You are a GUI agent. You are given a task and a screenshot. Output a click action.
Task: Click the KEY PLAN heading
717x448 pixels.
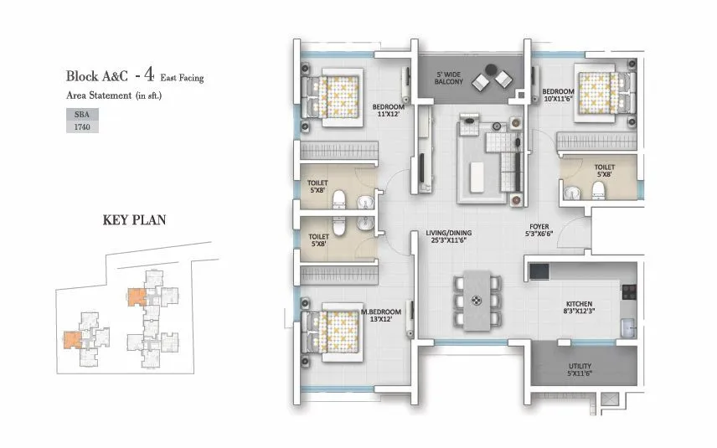[134, 221]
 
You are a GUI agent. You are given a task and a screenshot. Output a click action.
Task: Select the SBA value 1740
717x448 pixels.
[81, 126]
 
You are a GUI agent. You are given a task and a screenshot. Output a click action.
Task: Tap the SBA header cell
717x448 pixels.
[81, 113]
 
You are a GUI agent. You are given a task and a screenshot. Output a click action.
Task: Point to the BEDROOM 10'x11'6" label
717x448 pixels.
[558, 95]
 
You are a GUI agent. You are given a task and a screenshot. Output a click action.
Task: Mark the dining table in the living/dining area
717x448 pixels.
[476, 301]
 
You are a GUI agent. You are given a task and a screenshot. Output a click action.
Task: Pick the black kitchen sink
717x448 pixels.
[538, 271]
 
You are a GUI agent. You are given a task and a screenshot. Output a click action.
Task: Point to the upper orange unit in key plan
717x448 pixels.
[135, 296]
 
